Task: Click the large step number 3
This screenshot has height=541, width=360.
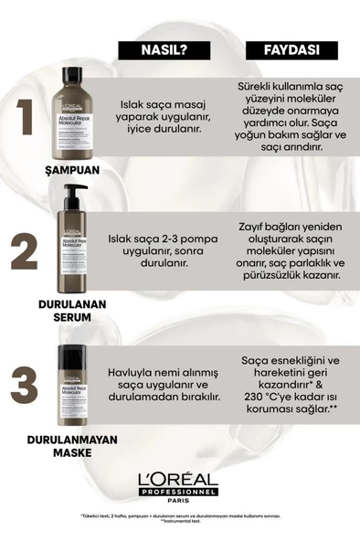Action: coord(26,388)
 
